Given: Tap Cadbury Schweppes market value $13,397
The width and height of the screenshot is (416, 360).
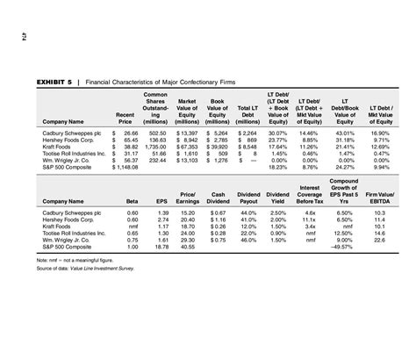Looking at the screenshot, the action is point(190,133).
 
